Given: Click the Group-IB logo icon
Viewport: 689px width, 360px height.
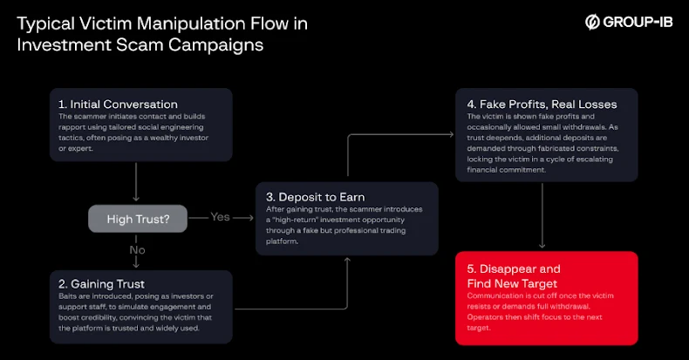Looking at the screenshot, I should click(591, 22).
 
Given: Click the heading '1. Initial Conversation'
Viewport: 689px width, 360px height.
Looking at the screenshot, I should click(119, 105).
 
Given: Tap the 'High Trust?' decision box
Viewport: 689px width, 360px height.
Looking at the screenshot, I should click(138, 219).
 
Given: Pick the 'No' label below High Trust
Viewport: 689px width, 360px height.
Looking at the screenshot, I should click(137, 250).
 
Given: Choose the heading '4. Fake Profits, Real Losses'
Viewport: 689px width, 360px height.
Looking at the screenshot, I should click(542, 104).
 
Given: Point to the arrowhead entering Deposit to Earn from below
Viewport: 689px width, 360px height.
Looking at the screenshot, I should click(348, 260).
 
